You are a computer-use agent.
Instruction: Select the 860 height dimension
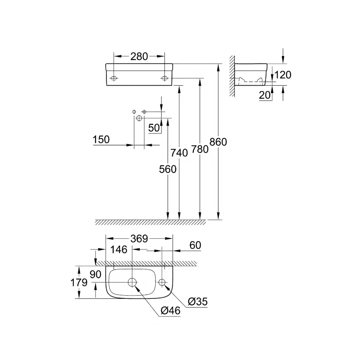coord(218,142)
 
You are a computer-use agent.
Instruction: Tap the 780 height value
coord(200,149)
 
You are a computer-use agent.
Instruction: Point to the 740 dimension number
coord(179,152)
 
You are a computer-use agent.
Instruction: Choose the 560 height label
coord(168,169)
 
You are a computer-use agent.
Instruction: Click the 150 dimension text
coord(101,140)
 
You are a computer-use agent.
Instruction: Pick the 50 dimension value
coord(154,128)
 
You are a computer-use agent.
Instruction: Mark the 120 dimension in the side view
coord(283,75)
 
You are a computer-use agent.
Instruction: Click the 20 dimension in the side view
coord(265,95)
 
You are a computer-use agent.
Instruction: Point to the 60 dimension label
coord(195,246)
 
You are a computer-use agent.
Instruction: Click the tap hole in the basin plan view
coord(162,282)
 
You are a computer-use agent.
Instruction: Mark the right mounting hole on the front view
coord(164,78)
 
